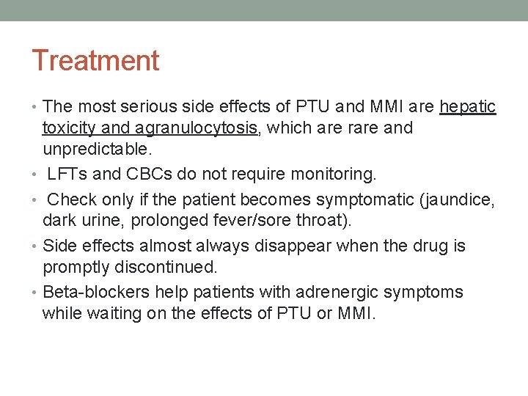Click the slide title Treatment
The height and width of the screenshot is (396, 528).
click(x=95, y=61)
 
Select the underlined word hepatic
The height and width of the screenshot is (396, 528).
click(x=468, y=107)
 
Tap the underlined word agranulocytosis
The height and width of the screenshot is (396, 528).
click(x=196, y=128)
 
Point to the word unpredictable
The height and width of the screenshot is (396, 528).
click(x=96, y=150)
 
